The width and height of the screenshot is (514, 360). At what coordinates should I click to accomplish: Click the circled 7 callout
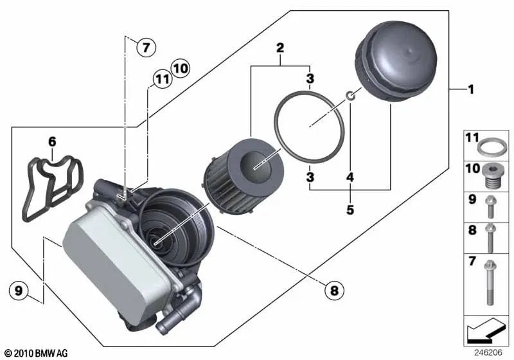[x=146, y=46]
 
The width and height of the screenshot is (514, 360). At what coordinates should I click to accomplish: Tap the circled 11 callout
[x=161, y=80]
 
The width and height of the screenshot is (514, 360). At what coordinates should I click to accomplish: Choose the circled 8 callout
[x=333, y=291]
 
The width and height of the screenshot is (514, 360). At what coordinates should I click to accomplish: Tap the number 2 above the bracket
[x=280, y=47]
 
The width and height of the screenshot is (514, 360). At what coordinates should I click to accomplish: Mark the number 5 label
[x=350, y=208]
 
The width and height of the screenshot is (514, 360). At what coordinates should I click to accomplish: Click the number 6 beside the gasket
[x=52, y=140]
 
